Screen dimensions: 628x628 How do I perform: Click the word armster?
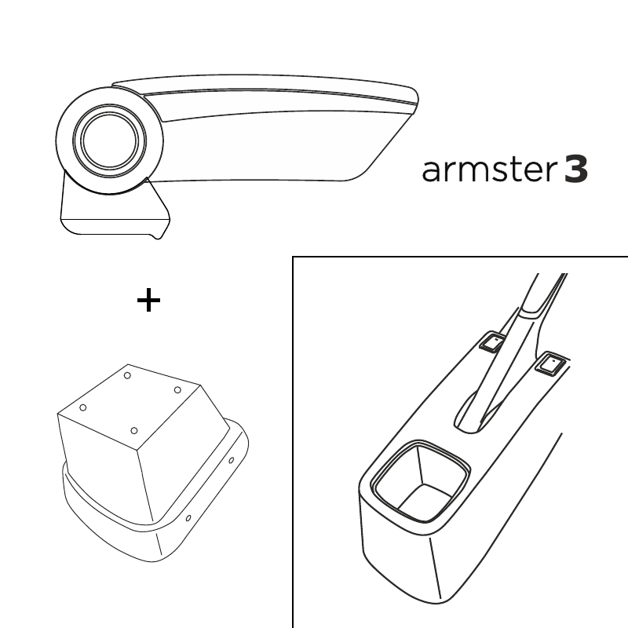click(x=489, y=170)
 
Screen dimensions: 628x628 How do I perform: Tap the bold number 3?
click(x=576, y=170)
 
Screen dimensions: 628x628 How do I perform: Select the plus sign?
click(x=148, y=300)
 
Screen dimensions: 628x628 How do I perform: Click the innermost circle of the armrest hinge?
click(x=109, y=141)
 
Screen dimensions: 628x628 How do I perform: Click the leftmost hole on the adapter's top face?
click(x=83, y=407)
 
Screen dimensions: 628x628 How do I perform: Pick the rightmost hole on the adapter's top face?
click(x=177, y=390)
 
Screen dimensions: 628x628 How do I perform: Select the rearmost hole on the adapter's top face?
click(x=127, y=375)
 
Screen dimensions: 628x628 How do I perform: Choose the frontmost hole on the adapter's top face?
click(x=134, y=431)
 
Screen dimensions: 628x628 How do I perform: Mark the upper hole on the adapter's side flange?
click(x=231, y=460)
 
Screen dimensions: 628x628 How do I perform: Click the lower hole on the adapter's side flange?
click(x=188, y=518)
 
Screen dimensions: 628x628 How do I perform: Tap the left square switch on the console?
click(x=493, y=341)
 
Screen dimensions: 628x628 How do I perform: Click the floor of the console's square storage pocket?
click(x=425, y=501)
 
